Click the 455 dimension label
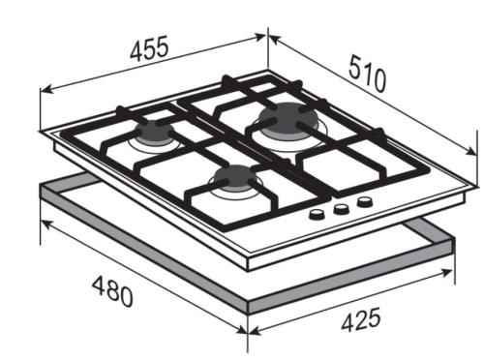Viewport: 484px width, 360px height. (149, 48)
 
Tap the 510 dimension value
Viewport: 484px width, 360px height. (367, 74)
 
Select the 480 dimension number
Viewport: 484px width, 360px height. (112, 291)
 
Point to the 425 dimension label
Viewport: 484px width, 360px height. (361, 320)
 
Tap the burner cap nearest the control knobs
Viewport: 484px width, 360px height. (234, 177)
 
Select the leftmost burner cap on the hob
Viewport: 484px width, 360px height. (155, 133)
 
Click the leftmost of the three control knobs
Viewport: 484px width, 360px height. (316, 215)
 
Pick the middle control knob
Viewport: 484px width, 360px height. (341, 210)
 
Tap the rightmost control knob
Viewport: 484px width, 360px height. (365, 202)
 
